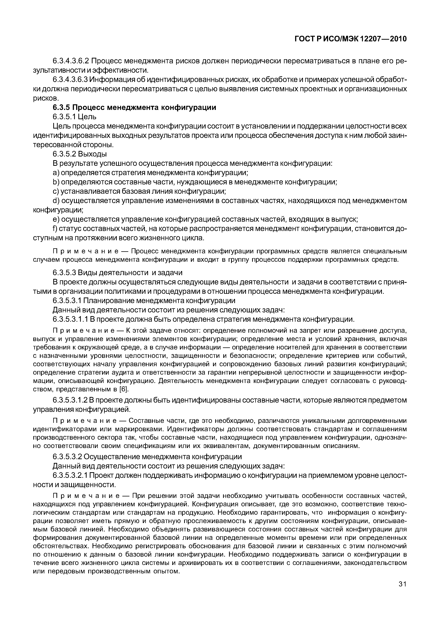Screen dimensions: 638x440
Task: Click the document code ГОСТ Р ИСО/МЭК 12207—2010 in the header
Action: pyautogui.click(x=351, y=39)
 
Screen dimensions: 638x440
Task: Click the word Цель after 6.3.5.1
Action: pyautogui.click(x=87, y=117)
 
